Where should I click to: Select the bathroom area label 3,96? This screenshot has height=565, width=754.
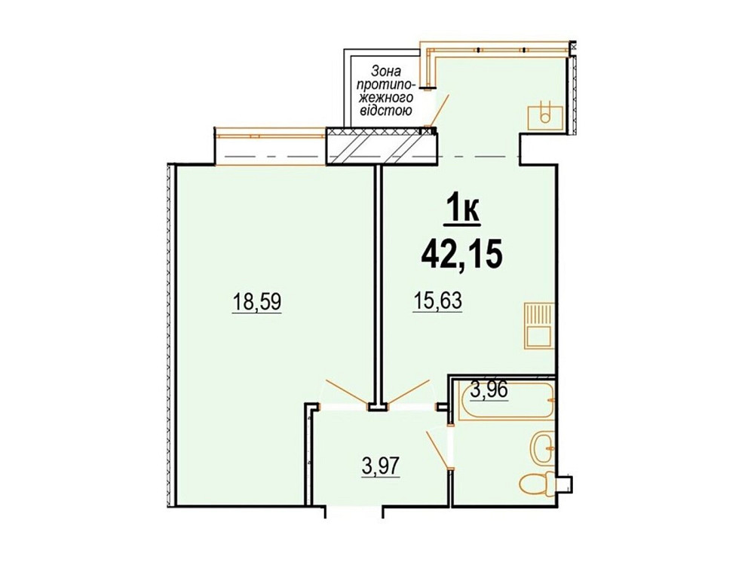click(489, 391)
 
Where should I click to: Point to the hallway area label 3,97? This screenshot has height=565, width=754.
click(380, 467)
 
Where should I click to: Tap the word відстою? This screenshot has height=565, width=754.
click(382, 111)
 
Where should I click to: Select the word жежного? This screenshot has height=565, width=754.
click(382, 96)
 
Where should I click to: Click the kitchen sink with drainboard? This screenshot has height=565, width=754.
click(539, 325)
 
